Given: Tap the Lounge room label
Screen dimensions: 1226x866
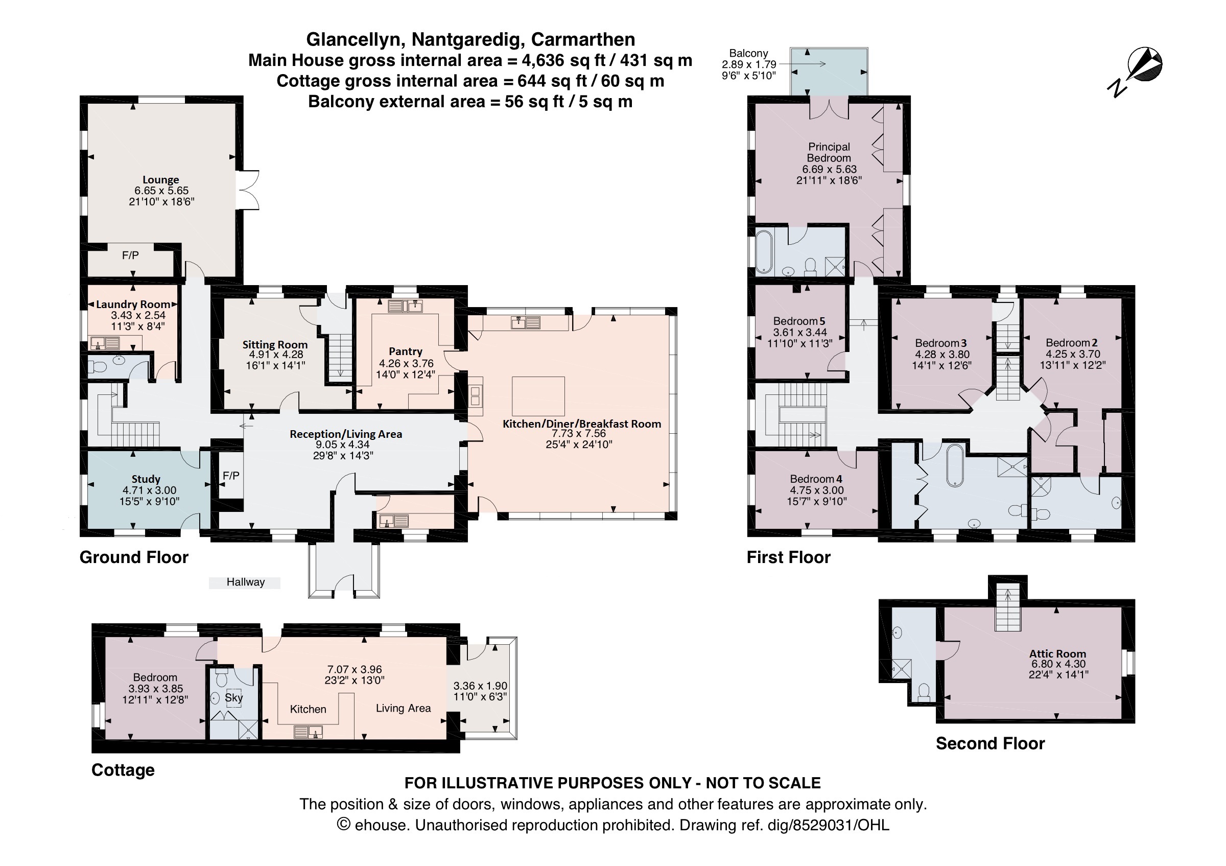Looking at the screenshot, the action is (161, 180).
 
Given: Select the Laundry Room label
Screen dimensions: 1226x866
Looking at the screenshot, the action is (133, 305).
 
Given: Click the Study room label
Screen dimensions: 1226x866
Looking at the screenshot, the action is (146, 479).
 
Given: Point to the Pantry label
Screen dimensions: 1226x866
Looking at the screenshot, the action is (405, 352).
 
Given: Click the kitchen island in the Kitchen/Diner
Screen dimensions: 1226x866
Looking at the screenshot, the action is (538, 396).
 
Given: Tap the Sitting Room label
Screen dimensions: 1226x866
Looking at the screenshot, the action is (275, 345).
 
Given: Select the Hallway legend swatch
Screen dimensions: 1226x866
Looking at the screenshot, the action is (245, 582).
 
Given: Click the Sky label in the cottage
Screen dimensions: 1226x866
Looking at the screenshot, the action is (234, 697).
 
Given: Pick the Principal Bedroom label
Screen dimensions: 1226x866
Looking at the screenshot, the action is (829, 152).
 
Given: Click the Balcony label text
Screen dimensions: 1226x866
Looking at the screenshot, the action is (749, 54).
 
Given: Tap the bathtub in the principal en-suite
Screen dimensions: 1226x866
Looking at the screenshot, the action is (764, 251).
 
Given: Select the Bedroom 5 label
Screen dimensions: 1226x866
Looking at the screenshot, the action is (799, 321).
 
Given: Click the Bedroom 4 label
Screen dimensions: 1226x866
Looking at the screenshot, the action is (816, 479).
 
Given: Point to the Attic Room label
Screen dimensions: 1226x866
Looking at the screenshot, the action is (1058, 653).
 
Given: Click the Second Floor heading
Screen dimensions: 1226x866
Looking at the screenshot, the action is (990, 743).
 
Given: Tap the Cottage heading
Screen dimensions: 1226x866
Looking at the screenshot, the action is (123, 770).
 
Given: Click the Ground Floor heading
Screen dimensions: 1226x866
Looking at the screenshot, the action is (134, 557).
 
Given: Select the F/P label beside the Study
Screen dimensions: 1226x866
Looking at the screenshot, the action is (231, 475).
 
